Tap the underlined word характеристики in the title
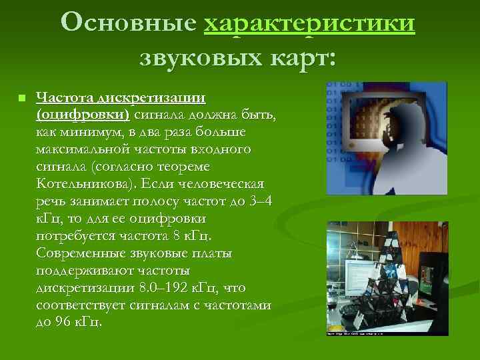[x=310, y=23]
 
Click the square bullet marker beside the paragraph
[x=21, y=99]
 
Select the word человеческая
[x=225, y=183]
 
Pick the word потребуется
[x=75, y=235]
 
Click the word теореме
[x=219, y=166]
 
